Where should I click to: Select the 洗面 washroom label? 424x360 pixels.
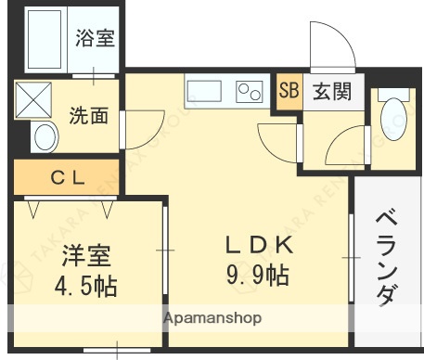click(89, 116)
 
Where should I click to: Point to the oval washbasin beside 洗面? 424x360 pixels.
click(44, 139)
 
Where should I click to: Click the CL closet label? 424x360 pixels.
click(69, 177)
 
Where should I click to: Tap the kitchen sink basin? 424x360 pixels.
click(205, 91)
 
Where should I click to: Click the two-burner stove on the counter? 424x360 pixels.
click(250, 92)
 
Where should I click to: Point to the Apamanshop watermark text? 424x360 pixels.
click(212, 318)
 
